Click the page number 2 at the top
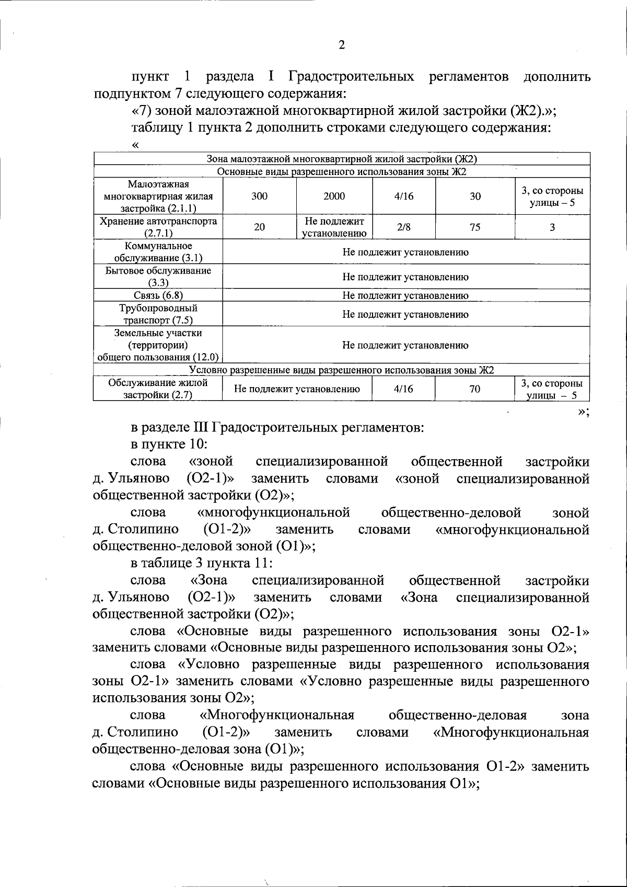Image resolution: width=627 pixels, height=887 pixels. (x=342, y=45)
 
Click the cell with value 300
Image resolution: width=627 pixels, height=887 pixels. (x=259, y=196)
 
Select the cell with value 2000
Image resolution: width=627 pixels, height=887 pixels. (x=334, y=196)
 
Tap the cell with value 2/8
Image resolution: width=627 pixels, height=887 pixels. (x=403, y=227)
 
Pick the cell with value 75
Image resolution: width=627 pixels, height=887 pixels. (x=475, y=227)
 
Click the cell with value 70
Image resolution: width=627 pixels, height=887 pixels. (x=475, y=389)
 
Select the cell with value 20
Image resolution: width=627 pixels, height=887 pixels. (x=259, y=227)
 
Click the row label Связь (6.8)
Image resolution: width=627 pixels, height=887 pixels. (x=158, y=295)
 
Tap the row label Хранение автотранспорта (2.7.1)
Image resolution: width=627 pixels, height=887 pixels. (x=158, y=227)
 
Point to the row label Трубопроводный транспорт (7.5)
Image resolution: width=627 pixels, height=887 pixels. (x=158, y=314)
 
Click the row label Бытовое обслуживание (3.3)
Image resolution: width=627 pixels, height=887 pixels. (x=158, y=276)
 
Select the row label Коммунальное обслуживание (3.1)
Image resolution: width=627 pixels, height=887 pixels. (x=158, y=252)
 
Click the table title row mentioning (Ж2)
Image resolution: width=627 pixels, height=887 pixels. (x=342, y=159)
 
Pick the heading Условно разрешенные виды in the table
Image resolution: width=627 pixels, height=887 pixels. (x=342, y=370)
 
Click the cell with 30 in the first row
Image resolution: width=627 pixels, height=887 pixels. (x=475, y=196)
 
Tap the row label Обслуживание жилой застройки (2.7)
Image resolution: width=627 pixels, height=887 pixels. (x=158, y=389)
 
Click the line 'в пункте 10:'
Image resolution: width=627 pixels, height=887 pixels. (x=170, y=445)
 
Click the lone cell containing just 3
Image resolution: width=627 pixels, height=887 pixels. (x=552, y=227)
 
